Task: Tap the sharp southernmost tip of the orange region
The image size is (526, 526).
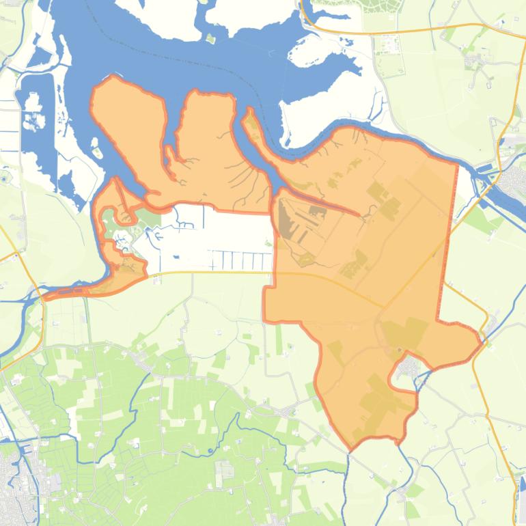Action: pos(352,449)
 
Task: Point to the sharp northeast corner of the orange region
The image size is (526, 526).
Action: pos(457,164)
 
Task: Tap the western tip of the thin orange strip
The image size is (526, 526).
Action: pos(44,296)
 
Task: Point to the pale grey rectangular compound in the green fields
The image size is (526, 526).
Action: pos(225,469)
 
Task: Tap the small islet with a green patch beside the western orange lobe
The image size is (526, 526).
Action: pos(98,152)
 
